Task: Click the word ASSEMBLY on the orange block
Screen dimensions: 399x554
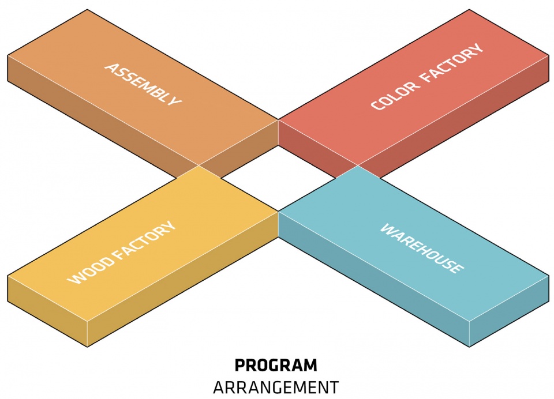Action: [143, 84]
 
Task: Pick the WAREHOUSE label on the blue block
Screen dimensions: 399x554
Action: [421, 248]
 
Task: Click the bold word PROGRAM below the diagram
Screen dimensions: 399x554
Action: [276, 366]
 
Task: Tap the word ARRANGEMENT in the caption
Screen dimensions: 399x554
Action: [276, 387]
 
